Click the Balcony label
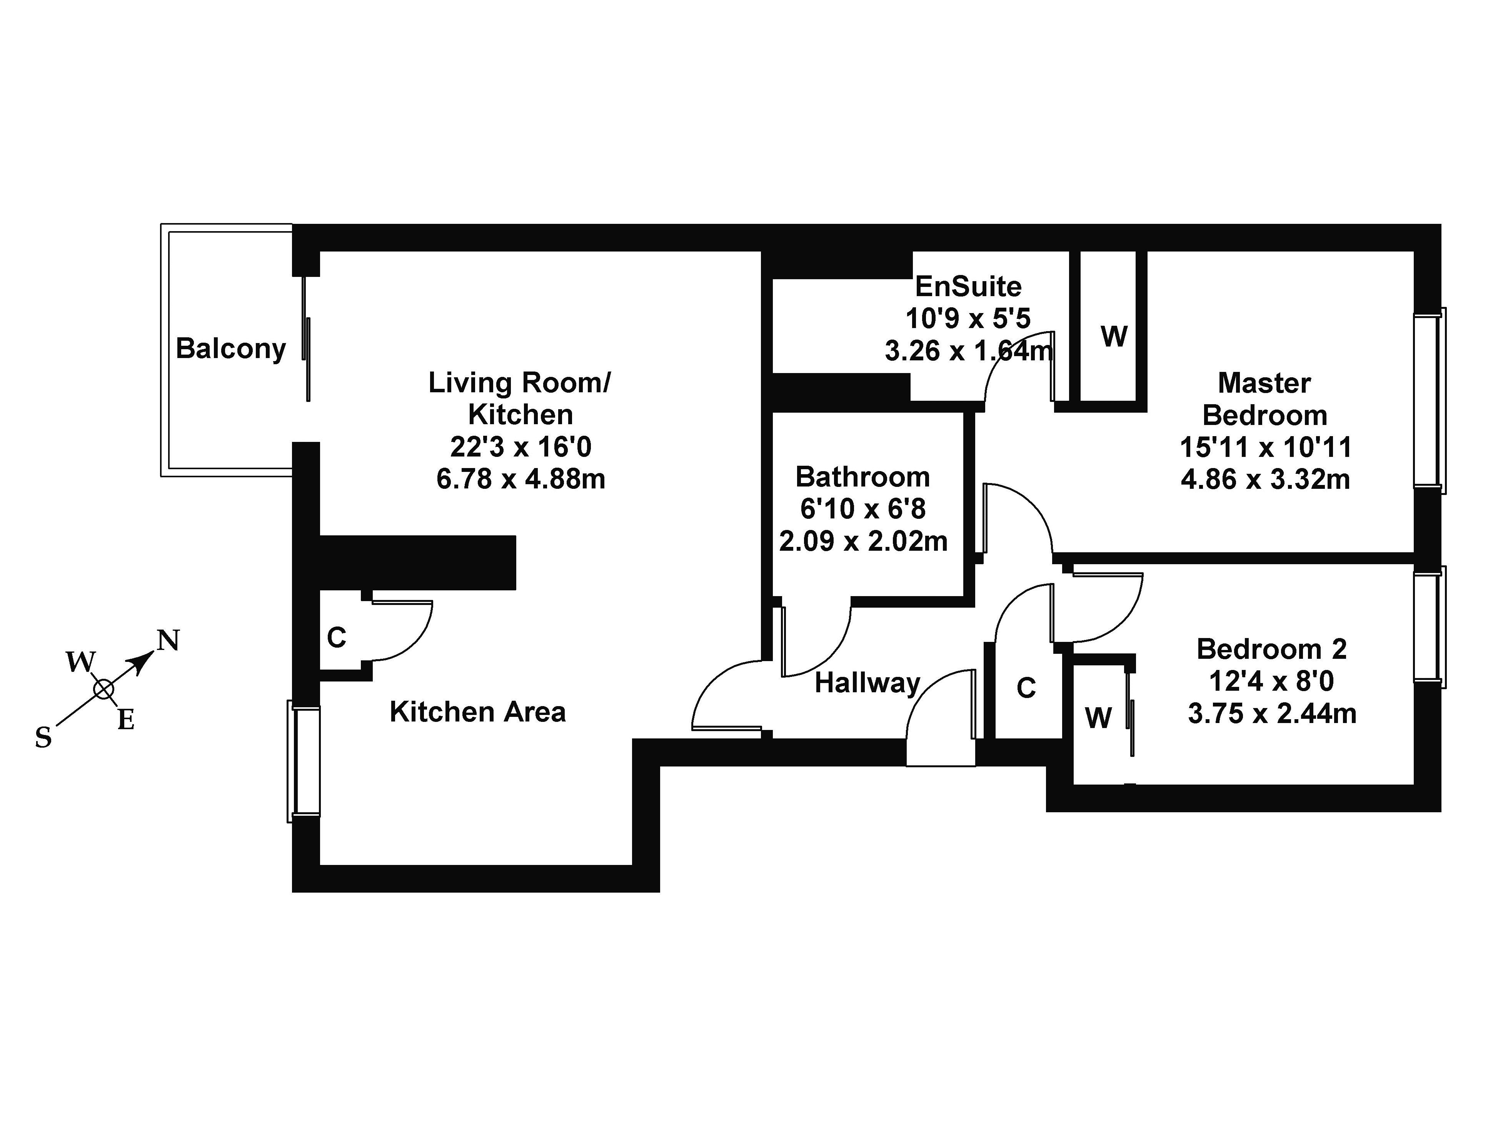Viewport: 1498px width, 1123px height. (x=230, y=349)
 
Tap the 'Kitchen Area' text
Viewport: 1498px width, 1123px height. (x=477, y=712)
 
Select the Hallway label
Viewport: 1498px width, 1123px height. (x=867, y=683)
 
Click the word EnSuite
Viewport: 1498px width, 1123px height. (x=968, y=287)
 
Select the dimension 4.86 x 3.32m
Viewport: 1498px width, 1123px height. (x=1265, y=479)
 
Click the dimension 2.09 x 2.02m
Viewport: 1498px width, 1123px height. (x=863, y=542)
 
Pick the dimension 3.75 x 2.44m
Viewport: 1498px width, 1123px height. (x=1272, y=714)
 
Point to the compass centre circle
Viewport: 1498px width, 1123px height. (x=103, y=689)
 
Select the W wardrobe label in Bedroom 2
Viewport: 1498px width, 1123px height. (x=1098, y=718)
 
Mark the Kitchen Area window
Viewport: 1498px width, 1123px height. (x=304, y=761)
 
